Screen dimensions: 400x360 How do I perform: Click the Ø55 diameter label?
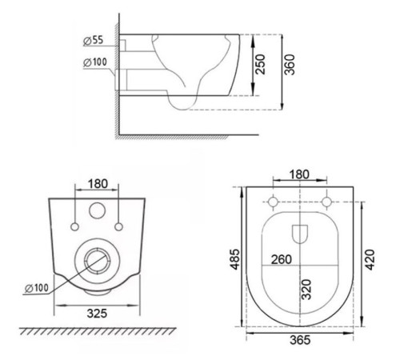tap(93, 41)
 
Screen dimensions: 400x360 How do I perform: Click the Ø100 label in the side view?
tap(95, 62)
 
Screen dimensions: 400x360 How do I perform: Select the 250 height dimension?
tap(261, 65)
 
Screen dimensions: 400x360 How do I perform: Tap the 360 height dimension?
tap(290, 65)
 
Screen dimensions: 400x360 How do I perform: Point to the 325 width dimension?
tap(97, 314)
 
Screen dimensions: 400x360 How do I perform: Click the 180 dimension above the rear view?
tap(98, 184)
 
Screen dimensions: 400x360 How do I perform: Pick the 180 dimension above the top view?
tap(299, 174)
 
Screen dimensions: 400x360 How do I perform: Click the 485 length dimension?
tap(235, 259)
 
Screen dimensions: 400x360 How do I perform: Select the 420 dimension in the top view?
tap(370, 259)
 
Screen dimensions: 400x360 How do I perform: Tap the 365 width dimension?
tap(300, 340)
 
